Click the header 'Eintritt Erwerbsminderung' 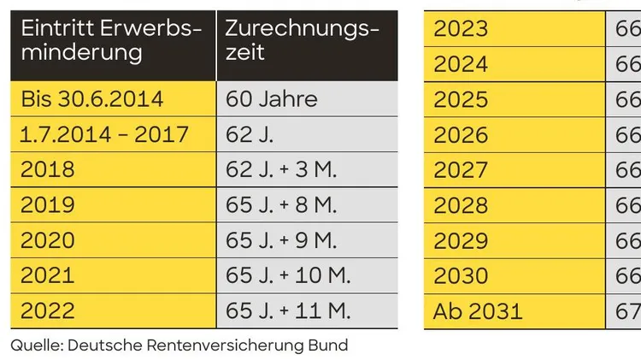coord(111,40)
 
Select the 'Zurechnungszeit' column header coord(302,40)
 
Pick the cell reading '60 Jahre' coord(272,99)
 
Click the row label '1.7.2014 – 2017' coord(104,134)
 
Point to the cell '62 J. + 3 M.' coord(282,169)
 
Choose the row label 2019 coord(48,205)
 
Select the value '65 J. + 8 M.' coord(282,205)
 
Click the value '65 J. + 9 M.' coord(282,240)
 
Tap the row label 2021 coord(48,275)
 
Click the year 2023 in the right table coord(461,28)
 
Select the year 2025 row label coord(461,99)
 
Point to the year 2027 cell coord(461,169)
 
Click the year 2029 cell coord(461,240)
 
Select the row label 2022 coord(48,311)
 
